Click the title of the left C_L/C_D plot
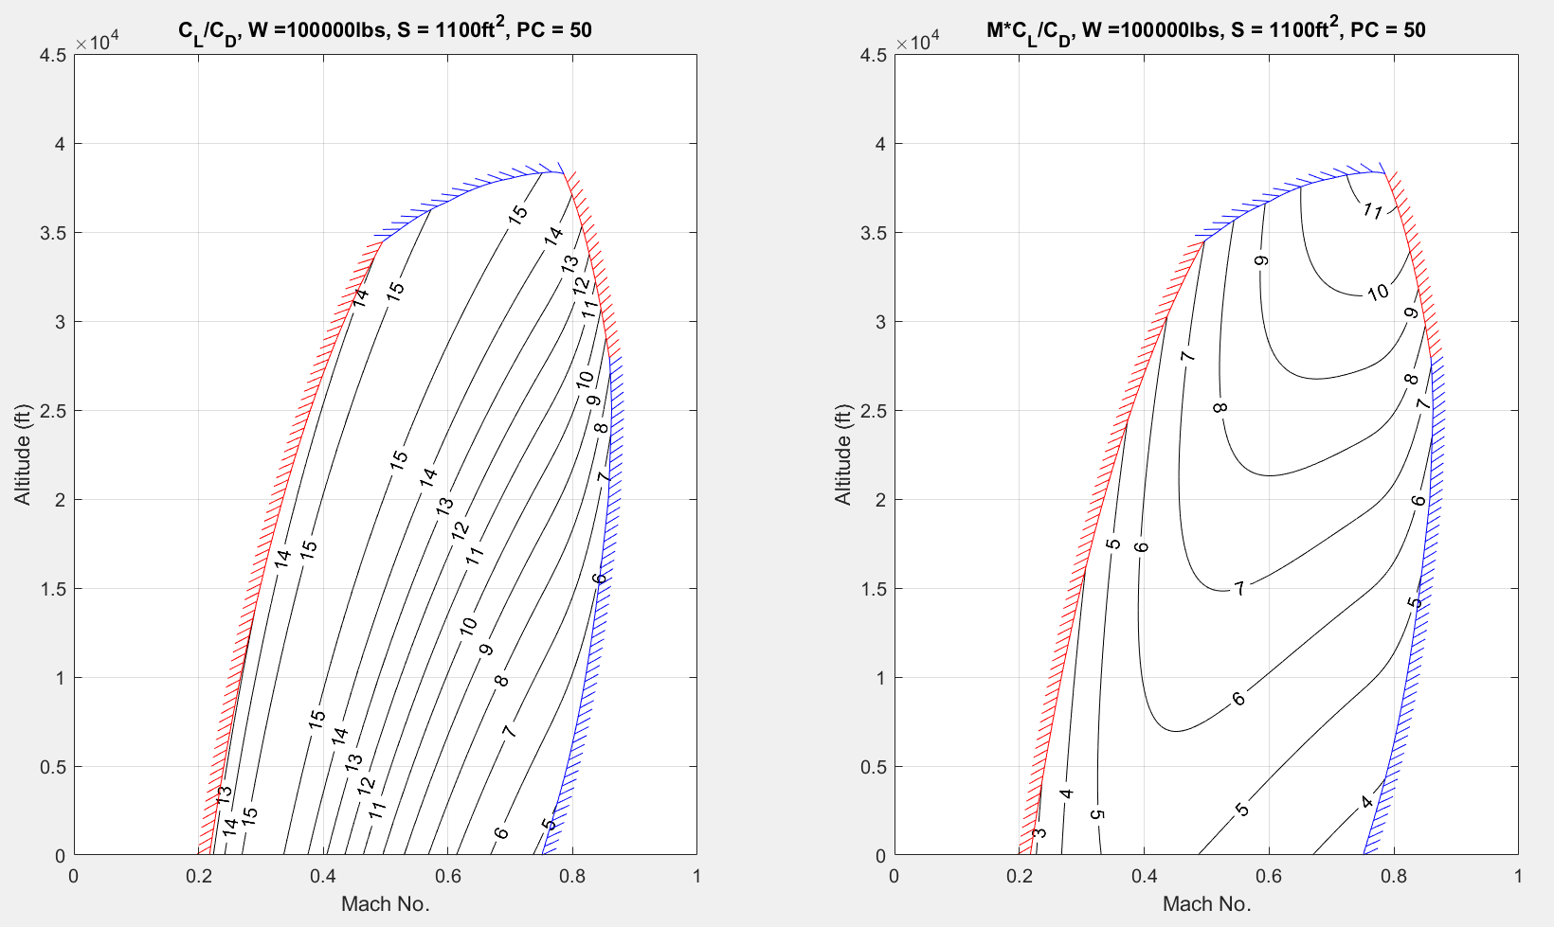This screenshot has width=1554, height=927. [x=385, y=30]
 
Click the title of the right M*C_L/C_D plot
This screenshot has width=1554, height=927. [x=1205, y=30]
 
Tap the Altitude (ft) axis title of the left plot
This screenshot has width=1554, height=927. [x=23, y=455]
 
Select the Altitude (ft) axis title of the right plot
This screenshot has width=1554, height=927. [x=843, y=455]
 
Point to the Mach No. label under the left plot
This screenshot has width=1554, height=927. [x=385, y=903]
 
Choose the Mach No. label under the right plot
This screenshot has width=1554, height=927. [x=1206, y=903]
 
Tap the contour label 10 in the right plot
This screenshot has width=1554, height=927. [x=1378, y=293]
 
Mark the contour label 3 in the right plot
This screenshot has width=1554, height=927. [x=1039, y=833]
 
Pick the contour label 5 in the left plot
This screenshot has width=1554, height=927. [x=549, y=824]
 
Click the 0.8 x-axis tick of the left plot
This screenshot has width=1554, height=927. [x=572, y=876]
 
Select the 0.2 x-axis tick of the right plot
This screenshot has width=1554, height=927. [x=1020, y=876]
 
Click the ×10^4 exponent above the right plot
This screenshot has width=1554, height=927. [x=917, y=42]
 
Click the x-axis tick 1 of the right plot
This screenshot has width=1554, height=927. [x=1518, y=876]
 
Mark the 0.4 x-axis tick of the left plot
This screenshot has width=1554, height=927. [x=323, y=876]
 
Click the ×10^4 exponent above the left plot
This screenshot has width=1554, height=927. [x=97, y=42]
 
